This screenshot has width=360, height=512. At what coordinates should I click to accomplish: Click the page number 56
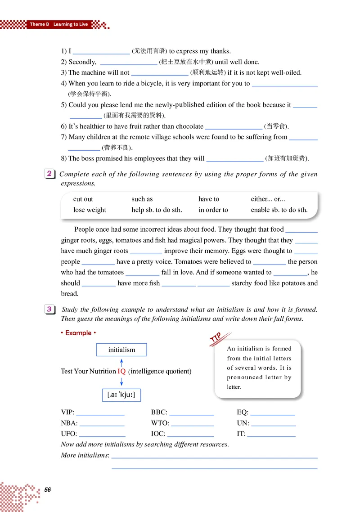pyautogui.click(x=48, y=490)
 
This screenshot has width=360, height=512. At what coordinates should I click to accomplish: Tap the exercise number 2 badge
pyautogui.click(x=49, y=174)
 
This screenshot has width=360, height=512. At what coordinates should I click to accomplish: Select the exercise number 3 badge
pyautogui.click(x=49, y=309)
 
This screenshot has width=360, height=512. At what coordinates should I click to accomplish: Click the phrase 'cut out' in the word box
pyautogui.click(x=83, y=199)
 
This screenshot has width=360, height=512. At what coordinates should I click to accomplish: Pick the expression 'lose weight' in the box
pyautogui.click(x=90, y=210)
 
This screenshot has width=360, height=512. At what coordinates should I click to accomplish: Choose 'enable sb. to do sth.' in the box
pyautogui.click(x=279, y=210)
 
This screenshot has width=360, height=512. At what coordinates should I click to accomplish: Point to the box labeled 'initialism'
pyautogui.click(x=121, y=350)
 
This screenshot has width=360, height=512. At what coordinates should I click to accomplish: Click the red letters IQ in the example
pyautogui.click(x=121, y=371)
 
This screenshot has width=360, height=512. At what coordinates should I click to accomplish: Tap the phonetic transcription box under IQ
pyautogui.click(x=121, y=395)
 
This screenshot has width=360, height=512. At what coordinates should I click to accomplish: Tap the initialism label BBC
pyautogui.click(x=159, y=412)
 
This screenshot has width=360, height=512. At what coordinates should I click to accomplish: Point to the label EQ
pyautogui.click(x=242, y=412)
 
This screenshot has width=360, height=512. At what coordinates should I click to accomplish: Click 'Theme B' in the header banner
pyautogui.click(x=39, y=24)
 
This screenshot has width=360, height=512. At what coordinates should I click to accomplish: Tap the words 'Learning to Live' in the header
pyautogui.click(x=71, y=24)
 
